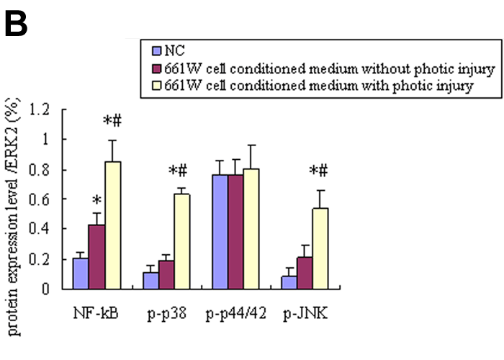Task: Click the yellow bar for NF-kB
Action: click(112, 225)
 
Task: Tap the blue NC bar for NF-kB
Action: click(81, 273)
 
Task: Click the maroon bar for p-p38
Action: click(166, 274)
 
